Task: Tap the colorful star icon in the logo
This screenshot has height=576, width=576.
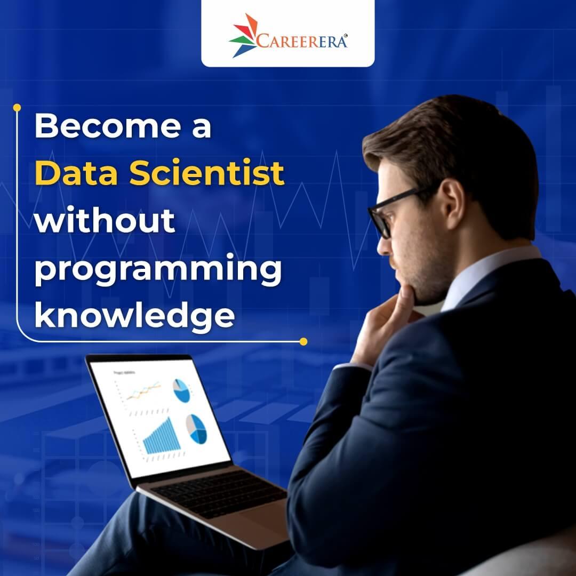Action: pyautogui.click(x=244, y=35)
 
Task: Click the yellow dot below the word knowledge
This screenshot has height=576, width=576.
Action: pyautogui.click(x=303, y=341)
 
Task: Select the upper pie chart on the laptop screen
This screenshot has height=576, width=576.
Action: pyautogui.click(x=181, y=390)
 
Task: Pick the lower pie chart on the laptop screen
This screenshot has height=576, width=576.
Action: pyautogui.click(x=196, y=428)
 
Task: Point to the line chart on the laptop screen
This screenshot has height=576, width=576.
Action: pyautogui.click(x=140, y=391)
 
